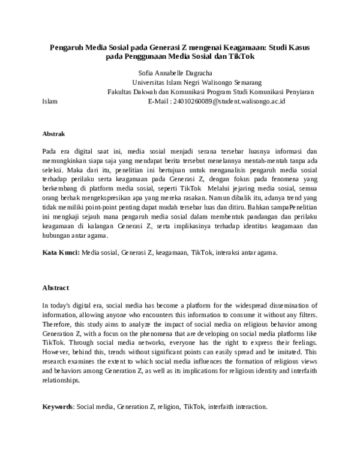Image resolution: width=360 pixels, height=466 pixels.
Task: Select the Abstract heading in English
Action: [56, 288]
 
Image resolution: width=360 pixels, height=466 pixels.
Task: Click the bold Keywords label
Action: [57, 407]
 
